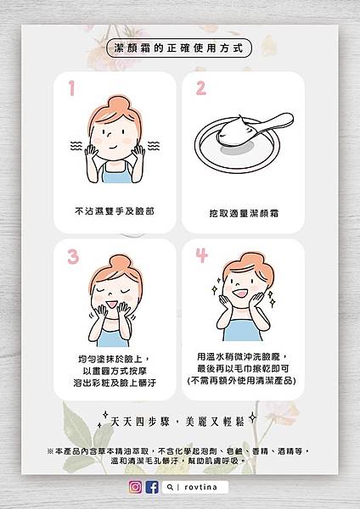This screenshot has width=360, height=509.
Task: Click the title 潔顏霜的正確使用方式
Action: click(178, 48)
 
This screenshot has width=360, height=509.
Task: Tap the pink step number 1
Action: click(71, 88)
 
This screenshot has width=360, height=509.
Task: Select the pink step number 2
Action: click(200, 88)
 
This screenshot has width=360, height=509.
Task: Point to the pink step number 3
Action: click(73, 256)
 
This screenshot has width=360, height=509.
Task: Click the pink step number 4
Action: click(201, 255)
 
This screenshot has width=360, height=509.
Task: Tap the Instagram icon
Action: click(135, 487)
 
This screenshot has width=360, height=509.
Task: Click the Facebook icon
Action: click(152, 487)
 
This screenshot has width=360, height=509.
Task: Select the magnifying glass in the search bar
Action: click(170, 487)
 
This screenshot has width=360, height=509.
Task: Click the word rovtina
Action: click(200, 487)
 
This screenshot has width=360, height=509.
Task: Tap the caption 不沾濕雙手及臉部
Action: click(115, 211)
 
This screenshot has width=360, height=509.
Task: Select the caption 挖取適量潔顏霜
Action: click(244, 213)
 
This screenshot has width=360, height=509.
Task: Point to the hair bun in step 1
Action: click(118, 103)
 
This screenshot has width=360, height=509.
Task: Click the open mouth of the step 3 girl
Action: click(112, 305)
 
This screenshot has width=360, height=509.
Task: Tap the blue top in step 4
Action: click(242, 330)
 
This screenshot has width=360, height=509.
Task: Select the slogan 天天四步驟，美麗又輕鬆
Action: click(177, 422)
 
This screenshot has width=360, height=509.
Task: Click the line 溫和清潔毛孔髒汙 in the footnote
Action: click(144, 461)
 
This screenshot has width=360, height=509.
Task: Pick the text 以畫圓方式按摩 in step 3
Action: click(115, 371)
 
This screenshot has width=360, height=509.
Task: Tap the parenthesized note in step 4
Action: click(242, 380)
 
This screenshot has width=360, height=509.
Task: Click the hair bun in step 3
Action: click(120, 263)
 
